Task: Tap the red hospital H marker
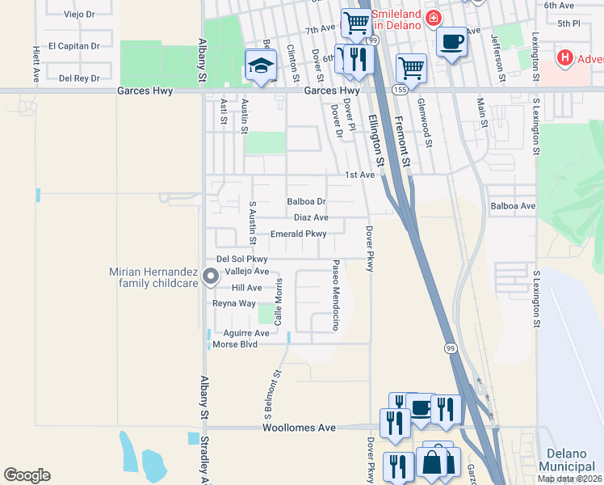(x=565, y=58)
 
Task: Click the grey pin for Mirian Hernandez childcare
(x=211, y=277)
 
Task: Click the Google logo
(x=27, y=475)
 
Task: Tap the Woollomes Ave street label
(x=298, y=427)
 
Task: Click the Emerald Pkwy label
(x=298, y=234)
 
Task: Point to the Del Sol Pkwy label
(x=241, y=259)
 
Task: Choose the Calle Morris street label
(x=279, y=304)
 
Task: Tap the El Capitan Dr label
(x=73, y=46)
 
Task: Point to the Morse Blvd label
(x=234, y=344)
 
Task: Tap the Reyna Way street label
(x=233, y=303)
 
